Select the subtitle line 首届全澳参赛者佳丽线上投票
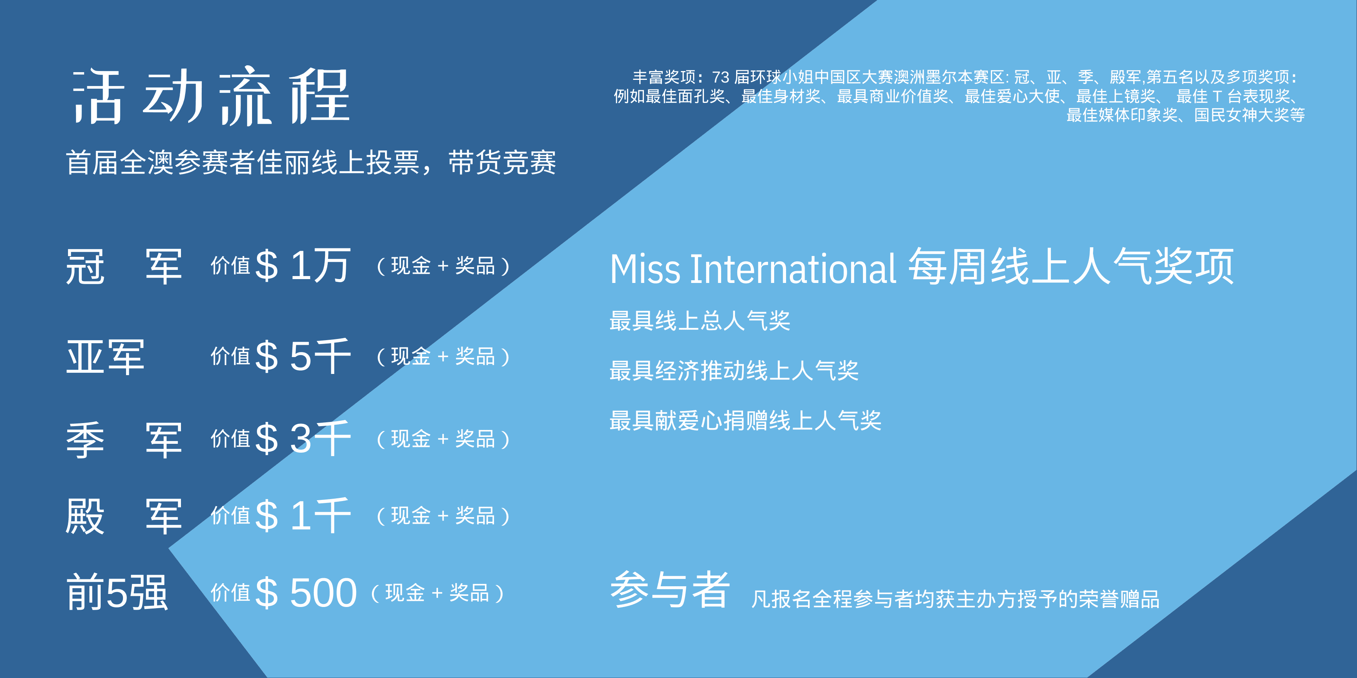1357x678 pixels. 243,162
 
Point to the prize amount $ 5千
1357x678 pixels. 303,356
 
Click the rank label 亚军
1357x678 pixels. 105,357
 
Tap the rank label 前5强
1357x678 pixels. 117,593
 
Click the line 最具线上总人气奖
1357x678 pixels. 700,321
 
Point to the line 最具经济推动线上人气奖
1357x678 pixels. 734,370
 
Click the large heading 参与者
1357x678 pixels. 670,590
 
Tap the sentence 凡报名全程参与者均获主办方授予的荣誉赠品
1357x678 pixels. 955,599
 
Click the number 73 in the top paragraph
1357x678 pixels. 721,78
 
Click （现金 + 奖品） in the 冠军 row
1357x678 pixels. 443,266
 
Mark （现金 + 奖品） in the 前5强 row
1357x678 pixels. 437,593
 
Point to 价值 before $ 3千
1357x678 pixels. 230,438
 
